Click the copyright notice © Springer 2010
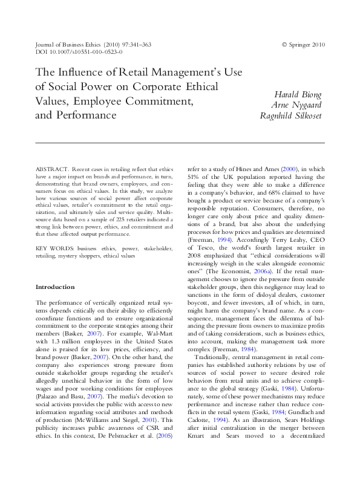tap(303, 45)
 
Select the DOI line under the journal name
tap(79, 53)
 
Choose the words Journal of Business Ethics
tap(62, 45)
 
